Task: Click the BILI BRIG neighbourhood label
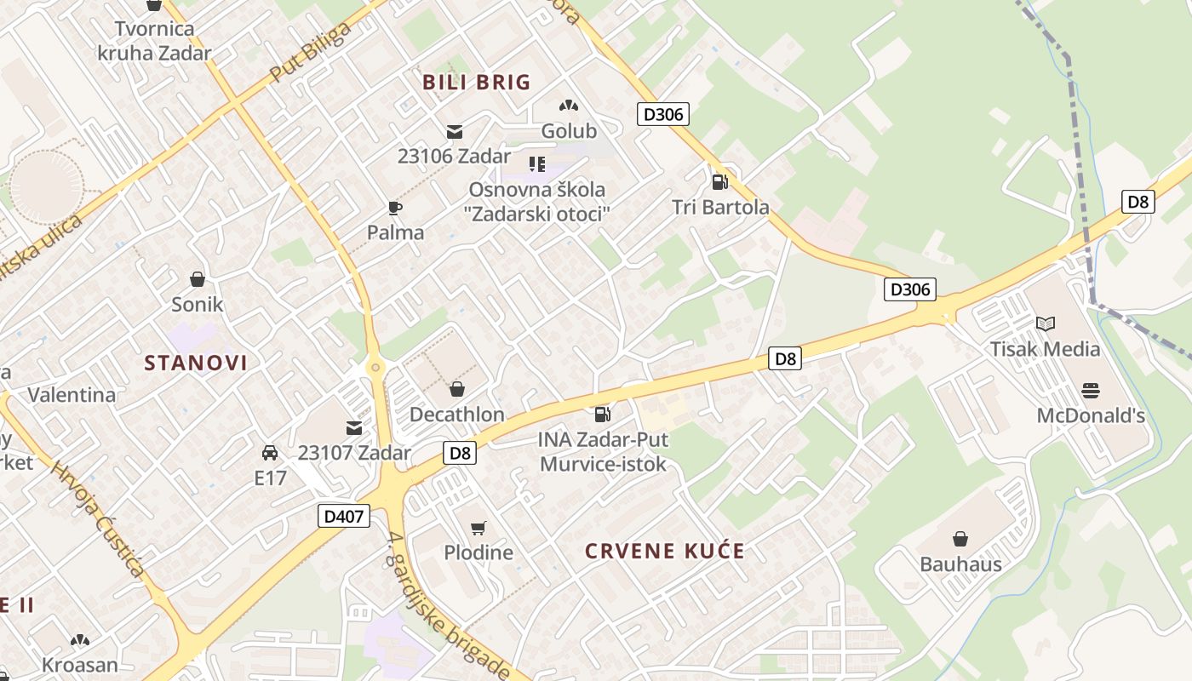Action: point(476,83)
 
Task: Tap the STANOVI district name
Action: point(196,363)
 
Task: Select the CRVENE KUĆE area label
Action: point(664,551)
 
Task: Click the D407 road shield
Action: point(345,515)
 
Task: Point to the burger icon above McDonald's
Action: point(1091,391)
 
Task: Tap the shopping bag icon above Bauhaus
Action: point(960,539)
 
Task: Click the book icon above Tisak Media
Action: point(1045,324)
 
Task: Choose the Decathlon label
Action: point(457,415)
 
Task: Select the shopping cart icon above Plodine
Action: point(479,529)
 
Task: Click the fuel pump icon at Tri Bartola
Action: point(719,181)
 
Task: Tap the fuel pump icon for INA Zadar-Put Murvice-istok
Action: point(602,415)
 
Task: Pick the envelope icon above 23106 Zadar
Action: point(455,132)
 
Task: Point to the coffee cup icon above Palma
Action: point(395,208)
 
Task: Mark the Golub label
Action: point(569,131)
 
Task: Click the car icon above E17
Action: point(270,453)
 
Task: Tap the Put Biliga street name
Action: point(310,53)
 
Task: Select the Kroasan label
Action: point(80,664)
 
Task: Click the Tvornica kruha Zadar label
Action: point(154,40)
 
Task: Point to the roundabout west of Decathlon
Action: point(375,367)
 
